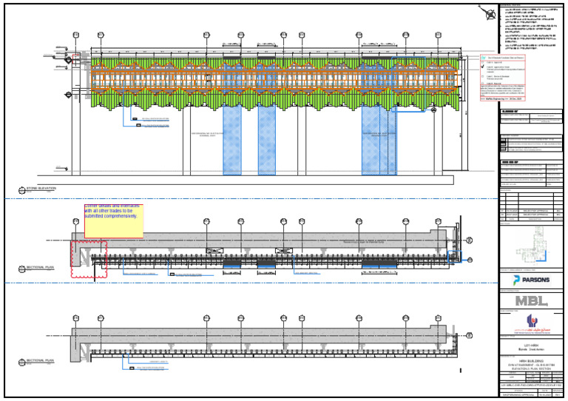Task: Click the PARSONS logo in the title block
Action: click(x=530, y=281)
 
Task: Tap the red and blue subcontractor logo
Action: click(x=530, y=322)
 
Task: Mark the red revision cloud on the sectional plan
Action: click(x=89, y=259)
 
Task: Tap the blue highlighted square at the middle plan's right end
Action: click(x=455, y=257)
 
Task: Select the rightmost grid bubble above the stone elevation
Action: click(x=450, y=35)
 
